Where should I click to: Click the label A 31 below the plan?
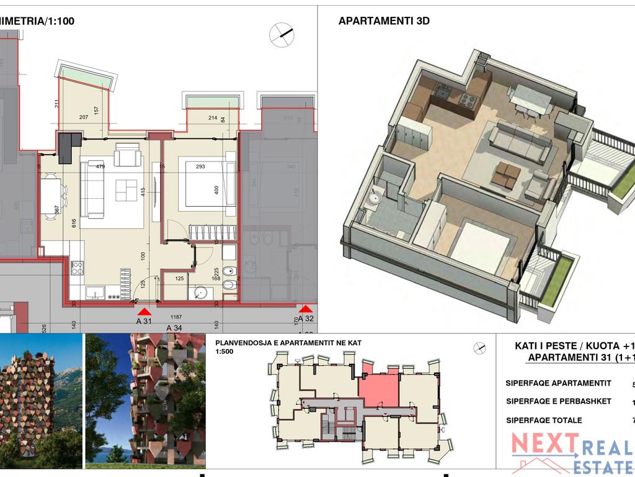pos(144,321)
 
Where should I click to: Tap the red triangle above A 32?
pos(305,309)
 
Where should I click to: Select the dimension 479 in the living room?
pos(100,166)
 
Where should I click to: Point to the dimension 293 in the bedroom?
pos(200,166)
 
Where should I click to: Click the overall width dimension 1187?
pos(176,316)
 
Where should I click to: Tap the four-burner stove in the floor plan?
pos(78,268)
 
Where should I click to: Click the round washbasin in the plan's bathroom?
pos(200,292)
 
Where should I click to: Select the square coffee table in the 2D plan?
pos(127,186)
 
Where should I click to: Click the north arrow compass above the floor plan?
pos(282,35)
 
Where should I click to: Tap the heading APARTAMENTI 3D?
pos(384,21)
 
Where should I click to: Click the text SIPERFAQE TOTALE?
pos(544,420)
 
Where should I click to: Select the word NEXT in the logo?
pos(544,444)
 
